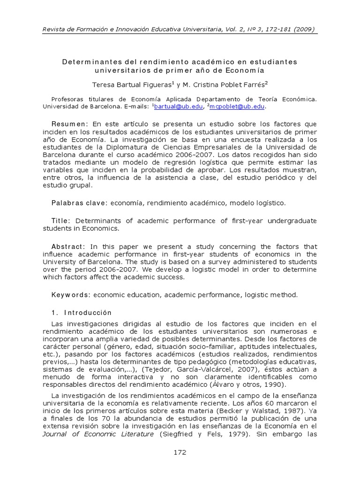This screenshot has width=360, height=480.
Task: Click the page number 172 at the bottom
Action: [x=180, y=452]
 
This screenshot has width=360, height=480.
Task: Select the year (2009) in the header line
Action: [x=305, y=29]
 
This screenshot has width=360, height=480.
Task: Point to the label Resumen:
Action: [x=70, y=124]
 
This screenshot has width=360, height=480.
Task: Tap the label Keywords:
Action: [x=71, y=295]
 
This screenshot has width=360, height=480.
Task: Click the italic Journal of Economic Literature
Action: [x=98, y=434]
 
